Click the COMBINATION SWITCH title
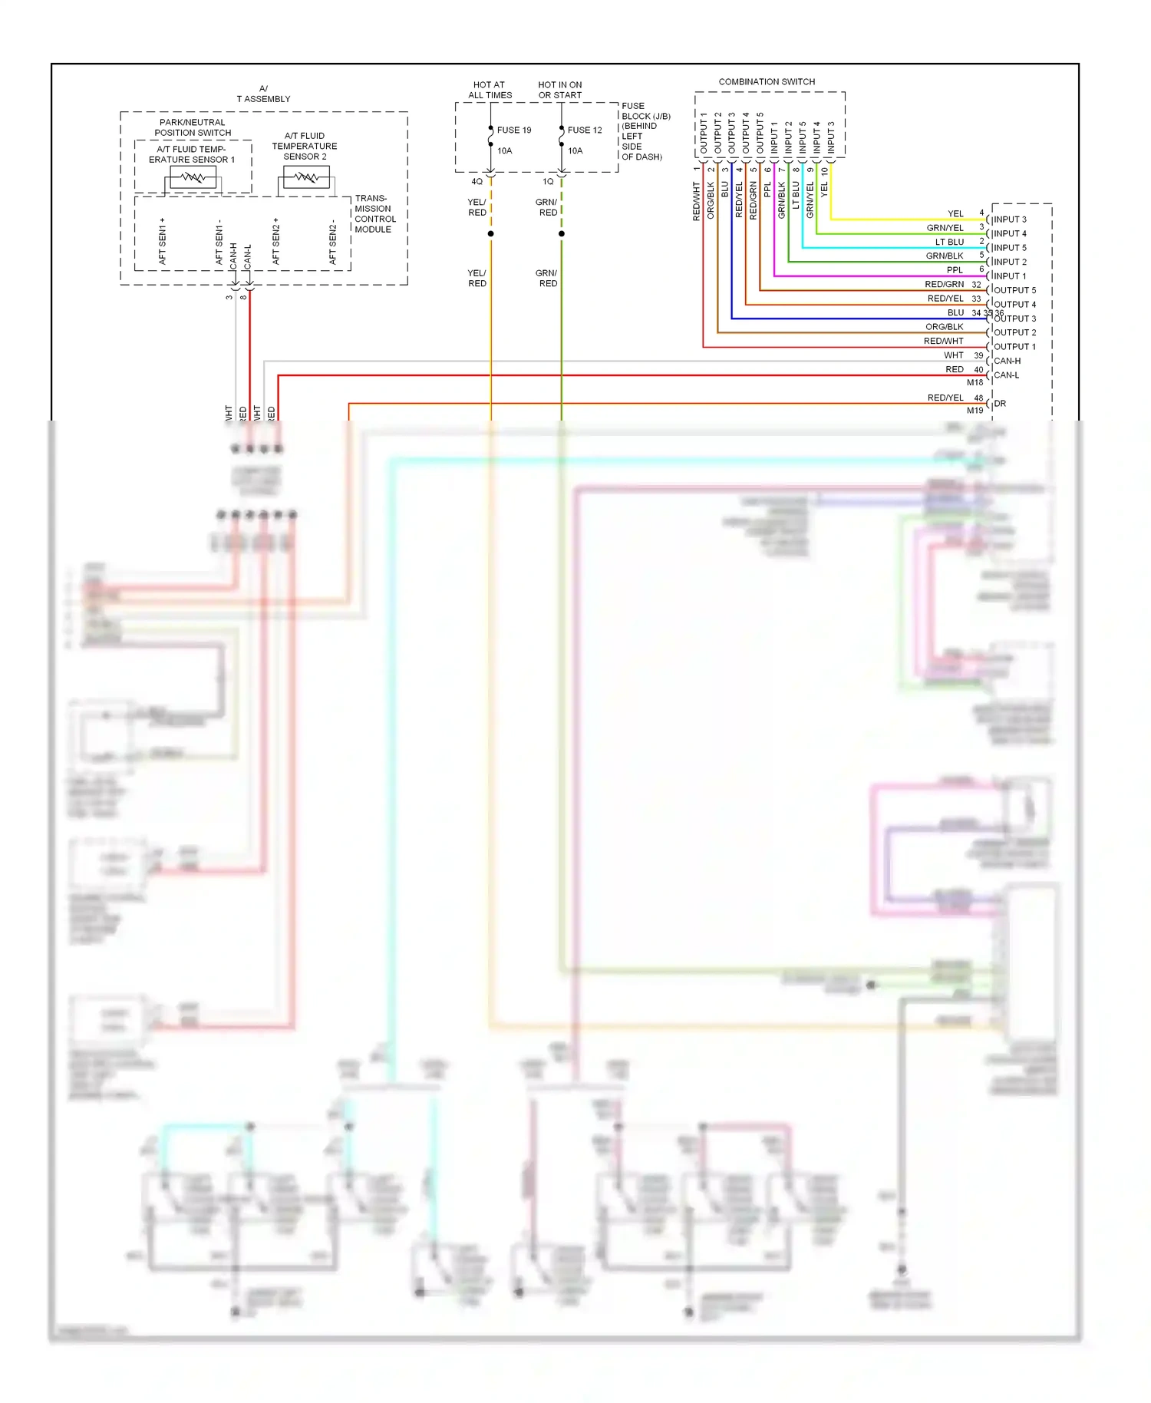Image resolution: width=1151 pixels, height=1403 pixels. [766, 81]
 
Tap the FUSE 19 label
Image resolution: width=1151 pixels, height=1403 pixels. [513, 130]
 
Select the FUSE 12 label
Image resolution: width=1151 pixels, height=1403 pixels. [584, 130]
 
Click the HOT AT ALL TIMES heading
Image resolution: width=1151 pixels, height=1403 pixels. [490, 90]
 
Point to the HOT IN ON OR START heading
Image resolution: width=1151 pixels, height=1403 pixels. [559, 90]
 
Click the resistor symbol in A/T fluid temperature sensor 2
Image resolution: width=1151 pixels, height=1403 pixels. [306, 178]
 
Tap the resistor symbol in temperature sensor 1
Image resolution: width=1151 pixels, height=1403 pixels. [193, 178]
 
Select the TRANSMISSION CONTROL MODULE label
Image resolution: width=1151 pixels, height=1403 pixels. [374, 213]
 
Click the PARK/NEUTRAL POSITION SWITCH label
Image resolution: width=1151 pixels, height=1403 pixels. [192, 127]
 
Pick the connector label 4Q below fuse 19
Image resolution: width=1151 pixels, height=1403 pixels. [477, 182]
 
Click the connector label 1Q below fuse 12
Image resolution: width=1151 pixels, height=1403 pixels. [548, 182]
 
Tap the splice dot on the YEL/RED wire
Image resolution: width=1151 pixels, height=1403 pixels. [490, 233]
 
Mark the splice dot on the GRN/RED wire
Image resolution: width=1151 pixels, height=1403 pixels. [561, 233]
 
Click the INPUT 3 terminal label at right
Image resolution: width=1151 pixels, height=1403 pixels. [1009, 220]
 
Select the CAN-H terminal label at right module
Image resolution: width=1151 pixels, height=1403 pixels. [1007, 361]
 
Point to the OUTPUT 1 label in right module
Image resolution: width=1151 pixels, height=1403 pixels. [1014, 347]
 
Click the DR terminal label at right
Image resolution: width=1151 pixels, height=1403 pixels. [999, 403]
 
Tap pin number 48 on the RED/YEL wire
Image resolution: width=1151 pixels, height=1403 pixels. [978, 398]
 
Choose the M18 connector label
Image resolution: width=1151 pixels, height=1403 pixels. [975, 382]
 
